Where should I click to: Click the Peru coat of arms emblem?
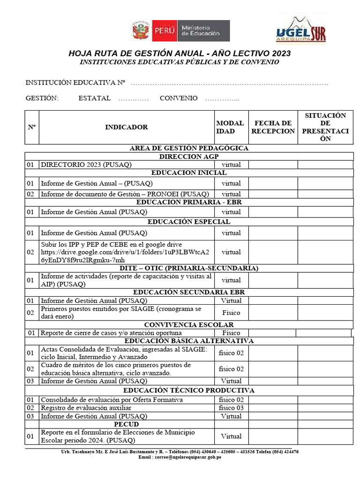pos(140,31)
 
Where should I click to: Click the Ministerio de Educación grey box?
pos(204,31)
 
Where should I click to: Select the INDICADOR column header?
pos(126,127)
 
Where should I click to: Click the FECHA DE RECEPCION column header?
pos(273,127)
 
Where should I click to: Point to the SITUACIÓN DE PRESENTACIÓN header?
pos(325,127)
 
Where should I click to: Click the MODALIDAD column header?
pos(230,127)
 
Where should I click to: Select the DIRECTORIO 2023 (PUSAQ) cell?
pos(86,165)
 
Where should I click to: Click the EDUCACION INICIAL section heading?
pos(189,173)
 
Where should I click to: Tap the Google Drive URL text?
pos(125,256)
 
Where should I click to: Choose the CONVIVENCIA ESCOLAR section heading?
pos(189,324)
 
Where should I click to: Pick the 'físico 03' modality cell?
pos(231,408)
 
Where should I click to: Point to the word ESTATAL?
pos(95,98)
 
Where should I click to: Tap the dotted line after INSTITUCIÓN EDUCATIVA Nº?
pos(229,83)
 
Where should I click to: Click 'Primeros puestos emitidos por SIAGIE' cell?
pos(121,313)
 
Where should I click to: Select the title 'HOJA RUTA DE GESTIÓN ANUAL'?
pos(180,53)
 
